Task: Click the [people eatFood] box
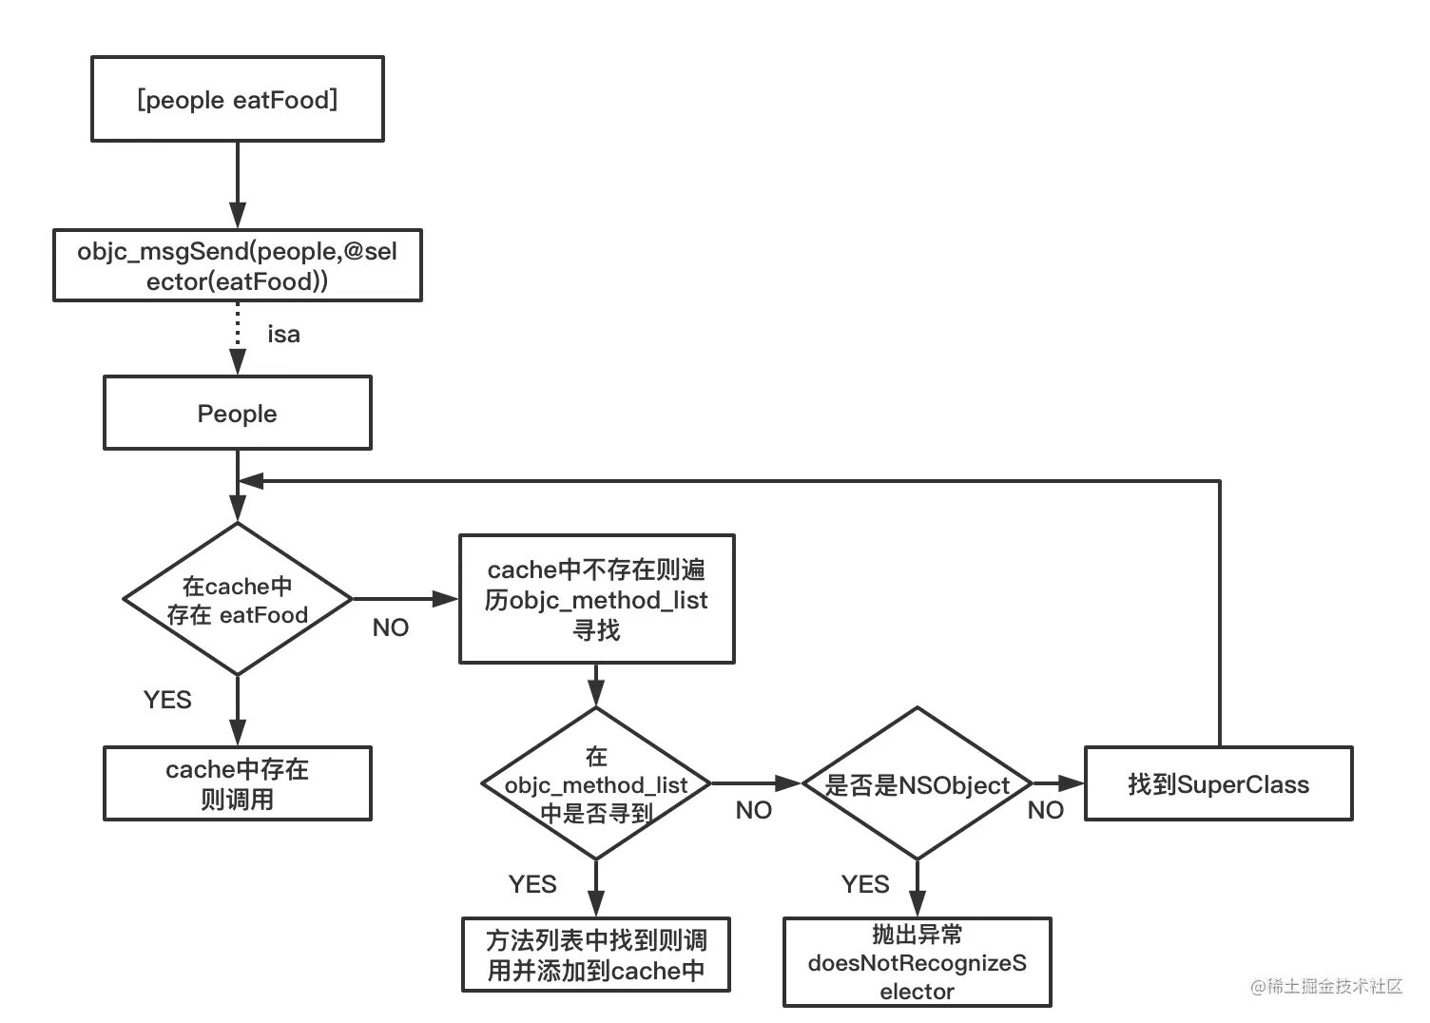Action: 237,99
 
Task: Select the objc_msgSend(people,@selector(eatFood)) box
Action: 237,266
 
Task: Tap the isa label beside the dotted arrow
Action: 283,335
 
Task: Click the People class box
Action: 237,414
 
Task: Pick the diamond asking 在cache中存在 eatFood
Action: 237,600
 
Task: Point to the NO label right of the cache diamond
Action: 390,628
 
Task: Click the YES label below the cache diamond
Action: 167,701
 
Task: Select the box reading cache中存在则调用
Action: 237,784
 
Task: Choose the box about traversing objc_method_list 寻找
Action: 596,599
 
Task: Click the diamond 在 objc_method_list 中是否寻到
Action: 596,784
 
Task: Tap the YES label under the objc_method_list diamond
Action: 532,885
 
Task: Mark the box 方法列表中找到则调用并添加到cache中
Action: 596,955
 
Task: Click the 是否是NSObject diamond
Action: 917,784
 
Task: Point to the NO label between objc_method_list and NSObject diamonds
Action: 754,811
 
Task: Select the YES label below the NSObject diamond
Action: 865,885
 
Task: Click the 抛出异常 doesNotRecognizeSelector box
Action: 917,962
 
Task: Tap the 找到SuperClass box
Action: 1218,784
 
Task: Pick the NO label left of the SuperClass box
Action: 1046,811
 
